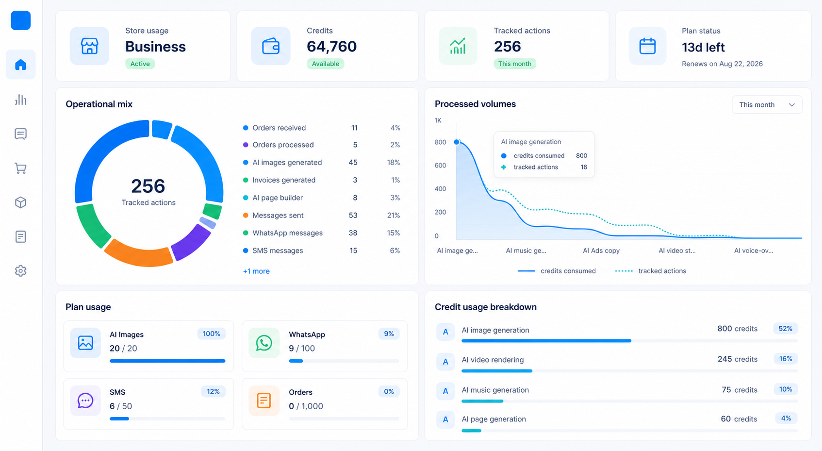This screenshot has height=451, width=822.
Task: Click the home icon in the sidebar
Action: [x=20, y=65]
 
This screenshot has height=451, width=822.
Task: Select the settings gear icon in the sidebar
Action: [x=20, y=271]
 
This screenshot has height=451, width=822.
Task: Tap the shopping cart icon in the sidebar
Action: [x=20, y=168]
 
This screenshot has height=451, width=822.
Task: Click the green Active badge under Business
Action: [x=140, y=64]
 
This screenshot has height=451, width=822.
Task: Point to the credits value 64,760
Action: [x=332, y=46]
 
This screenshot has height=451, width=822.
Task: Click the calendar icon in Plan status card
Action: [x=647, y=46]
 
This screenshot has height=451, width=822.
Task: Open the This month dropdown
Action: [x=767, y=105]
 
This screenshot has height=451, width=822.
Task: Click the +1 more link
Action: [x=256, y=271]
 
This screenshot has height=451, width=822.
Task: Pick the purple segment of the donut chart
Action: [x=190, y=242]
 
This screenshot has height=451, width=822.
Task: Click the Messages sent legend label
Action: [x=278, y=215]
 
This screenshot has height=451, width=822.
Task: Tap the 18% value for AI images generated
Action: [x=394, y=162]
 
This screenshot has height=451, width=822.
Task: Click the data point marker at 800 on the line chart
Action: [x=457, y=142]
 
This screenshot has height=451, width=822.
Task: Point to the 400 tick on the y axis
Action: [x=441, y=189]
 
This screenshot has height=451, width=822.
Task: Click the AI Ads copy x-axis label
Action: [x=601, y=251]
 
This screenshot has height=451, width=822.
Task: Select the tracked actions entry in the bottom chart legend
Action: [x=651, y=271]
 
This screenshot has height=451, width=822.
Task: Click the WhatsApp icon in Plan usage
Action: [x=264, y=343]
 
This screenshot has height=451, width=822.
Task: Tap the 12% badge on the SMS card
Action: [x=213, y=391]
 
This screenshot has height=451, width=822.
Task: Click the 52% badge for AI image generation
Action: [x=785, y=328]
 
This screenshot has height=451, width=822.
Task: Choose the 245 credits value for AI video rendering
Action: [x=738, y=359]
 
